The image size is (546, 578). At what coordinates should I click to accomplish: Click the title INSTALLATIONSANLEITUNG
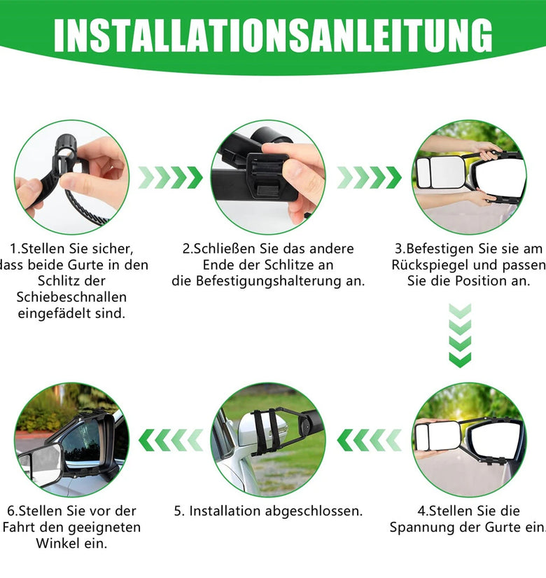(273, 36)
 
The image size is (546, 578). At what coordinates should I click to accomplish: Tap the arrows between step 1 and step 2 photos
(170, 177)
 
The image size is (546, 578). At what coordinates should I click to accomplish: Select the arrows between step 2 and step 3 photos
(369, 177)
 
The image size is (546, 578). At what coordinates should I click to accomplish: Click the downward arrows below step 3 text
(460, 336)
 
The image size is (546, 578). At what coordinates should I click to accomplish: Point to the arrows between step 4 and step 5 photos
(369, 440)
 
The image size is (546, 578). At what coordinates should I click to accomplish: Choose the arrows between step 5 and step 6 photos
(171, 440)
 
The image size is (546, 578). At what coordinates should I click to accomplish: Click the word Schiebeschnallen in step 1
(71, 297)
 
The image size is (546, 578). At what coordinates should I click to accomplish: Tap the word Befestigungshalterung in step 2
(269, 281)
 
